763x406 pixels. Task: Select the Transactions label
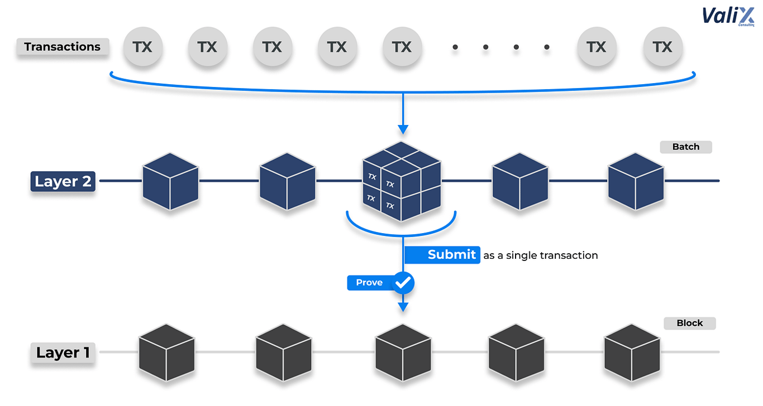click(62, 47)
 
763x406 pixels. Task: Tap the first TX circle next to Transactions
click(142, 47)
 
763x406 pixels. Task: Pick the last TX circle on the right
click(662, 47)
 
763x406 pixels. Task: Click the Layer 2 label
click(63, 181)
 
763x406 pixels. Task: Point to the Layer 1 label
click(63, 352)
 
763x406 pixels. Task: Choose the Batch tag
click(686, 147)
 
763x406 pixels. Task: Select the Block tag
click(690, 323)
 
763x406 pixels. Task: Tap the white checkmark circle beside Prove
click(403, 283)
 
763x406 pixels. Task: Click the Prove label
click(369, 283)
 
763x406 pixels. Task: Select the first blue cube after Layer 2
click(171, 181)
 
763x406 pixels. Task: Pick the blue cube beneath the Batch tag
click(636, 181)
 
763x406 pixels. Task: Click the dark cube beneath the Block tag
click(632, 352)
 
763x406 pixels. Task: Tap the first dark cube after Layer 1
click(166, 352)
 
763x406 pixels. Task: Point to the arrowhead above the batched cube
click(403, 129)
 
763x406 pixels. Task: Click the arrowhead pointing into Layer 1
click(403, 307)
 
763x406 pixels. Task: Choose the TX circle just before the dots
click(402, 47)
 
